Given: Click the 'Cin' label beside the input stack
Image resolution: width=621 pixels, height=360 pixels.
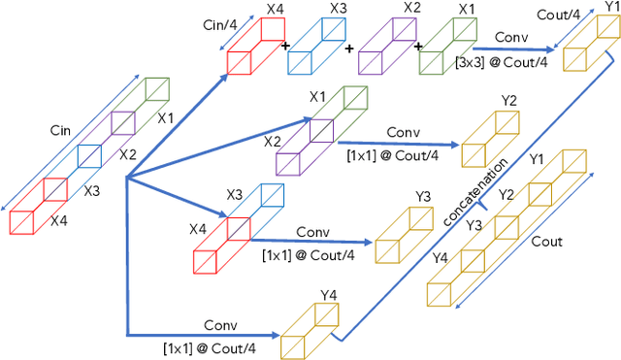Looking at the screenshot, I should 60,128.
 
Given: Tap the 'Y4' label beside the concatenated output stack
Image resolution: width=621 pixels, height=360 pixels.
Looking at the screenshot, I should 440,258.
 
